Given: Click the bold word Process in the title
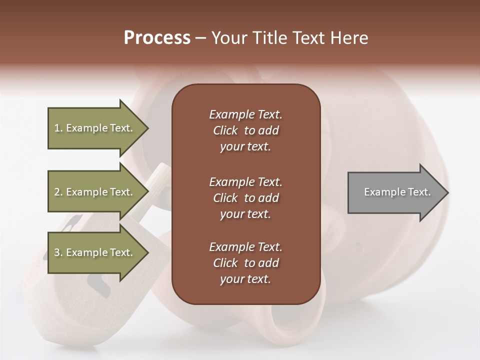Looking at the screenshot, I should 157,38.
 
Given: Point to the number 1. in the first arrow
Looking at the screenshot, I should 58,128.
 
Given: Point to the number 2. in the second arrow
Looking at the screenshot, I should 58,192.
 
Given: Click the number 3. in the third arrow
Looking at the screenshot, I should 58,252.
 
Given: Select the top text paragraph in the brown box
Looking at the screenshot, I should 245,130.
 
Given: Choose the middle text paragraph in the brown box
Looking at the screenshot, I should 245,197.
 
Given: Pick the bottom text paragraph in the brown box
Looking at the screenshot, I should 245,263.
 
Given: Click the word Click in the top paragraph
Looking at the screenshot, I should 225,130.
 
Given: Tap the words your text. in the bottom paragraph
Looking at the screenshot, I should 245,279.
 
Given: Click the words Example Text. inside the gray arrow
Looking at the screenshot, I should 397,192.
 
